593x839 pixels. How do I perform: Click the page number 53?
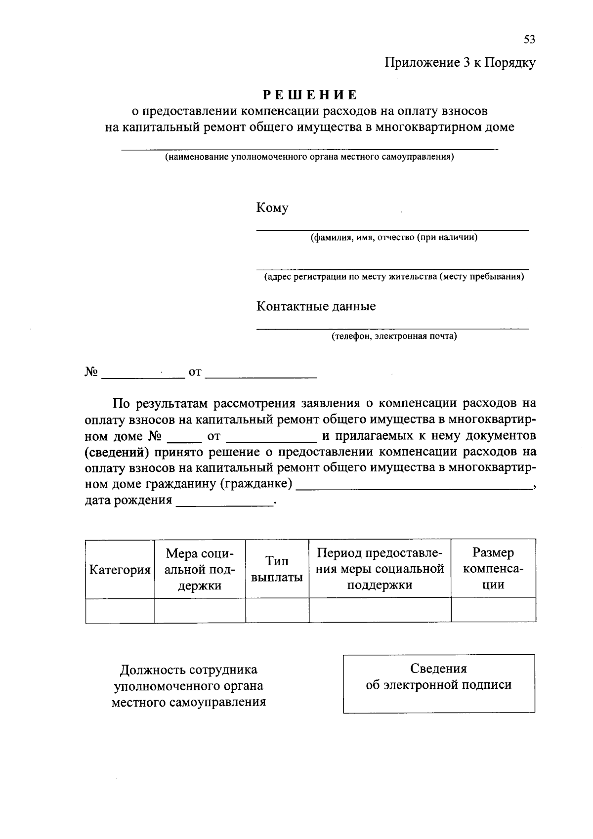(x=529, y=40)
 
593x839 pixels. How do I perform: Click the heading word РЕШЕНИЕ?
(x=310, y=94)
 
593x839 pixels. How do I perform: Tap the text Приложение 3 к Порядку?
(x=460, y=63)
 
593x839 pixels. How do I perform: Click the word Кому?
(x=272, y=208)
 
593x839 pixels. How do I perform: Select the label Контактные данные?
(x=316, y=306)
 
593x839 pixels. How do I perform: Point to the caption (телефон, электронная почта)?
(x=394, y=336)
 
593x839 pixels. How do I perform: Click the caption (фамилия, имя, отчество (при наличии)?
(x=394, y=238)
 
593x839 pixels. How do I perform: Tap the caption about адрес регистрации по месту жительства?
(x=394, y=277)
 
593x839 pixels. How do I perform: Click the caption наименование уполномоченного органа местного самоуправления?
(x=309, y=158)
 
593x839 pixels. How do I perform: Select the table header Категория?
(x=120, y=570)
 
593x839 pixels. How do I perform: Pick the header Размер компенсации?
(x=493, y=569)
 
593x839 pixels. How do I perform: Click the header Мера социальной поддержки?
(x=200, y=569)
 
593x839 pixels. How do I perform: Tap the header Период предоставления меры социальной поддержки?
(x=380, y=569)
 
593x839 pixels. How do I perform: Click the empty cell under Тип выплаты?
(x=277, y=610)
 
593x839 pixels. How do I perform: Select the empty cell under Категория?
(x=120, y=610)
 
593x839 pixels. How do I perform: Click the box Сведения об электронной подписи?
(x=439, y=683)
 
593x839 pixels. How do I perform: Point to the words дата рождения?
(x=128, y=501)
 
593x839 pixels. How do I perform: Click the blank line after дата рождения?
(x=225, y=502)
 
